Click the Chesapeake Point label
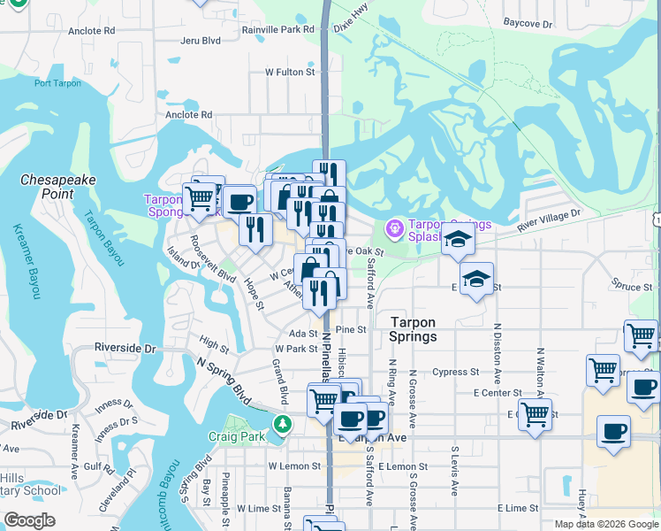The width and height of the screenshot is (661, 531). coord(58,186)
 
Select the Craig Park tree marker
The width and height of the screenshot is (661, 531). coord(282,424)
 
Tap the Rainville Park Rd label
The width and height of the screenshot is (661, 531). coord(278,29)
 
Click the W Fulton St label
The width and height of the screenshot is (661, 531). coord(291,73)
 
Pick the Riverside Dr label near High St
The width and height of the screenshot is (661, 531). coord(125,348)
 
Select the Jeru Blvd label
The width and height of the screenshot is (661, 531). coord(200,41)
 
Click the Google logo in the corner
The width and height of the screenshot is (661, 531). coord(29,520)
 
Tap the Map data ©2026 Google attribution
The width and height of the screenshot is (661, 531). coord(605,524)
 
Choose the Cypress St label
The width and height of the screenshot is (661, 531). coord(457,372)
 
